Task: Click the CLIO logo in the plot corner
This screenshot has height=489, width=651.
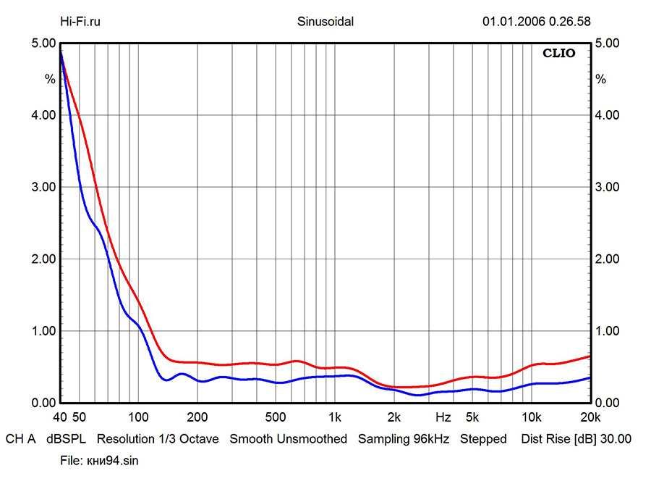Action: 559,54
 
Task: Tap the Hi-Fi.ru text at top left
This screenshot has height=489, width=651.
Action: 80,21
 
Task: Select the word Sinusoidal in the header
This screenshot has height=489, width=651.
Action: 325,21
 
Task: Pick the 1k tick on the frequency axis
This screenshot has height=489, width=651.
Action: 334,418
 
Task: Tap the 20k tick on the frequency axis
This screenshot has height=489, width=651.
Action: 590,418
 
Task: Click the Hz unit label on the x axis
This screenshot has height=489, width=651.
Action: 443,418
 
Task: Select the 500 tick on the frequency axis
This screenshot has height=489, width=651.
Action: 275,418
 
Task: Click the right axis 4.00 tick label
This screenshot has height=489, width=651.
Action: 607,115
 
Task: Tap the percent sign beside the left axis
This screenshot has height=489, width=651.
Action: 50,79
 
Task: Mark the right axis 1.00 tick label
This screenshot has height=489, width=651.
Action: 607,331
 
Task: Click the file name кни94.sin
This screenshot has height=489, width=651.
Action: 98,461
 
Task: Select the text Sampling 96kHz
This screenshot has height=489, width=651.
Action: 404,439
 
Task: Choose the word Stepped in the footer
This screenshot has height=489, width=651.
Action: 483,439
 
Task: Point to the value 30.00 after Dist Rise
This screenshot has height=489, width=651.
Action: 616,439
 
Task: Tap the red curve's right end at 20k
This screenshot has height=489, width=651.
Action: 590,356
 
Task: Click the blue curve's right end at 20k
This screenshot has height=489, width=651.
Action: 590,377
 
